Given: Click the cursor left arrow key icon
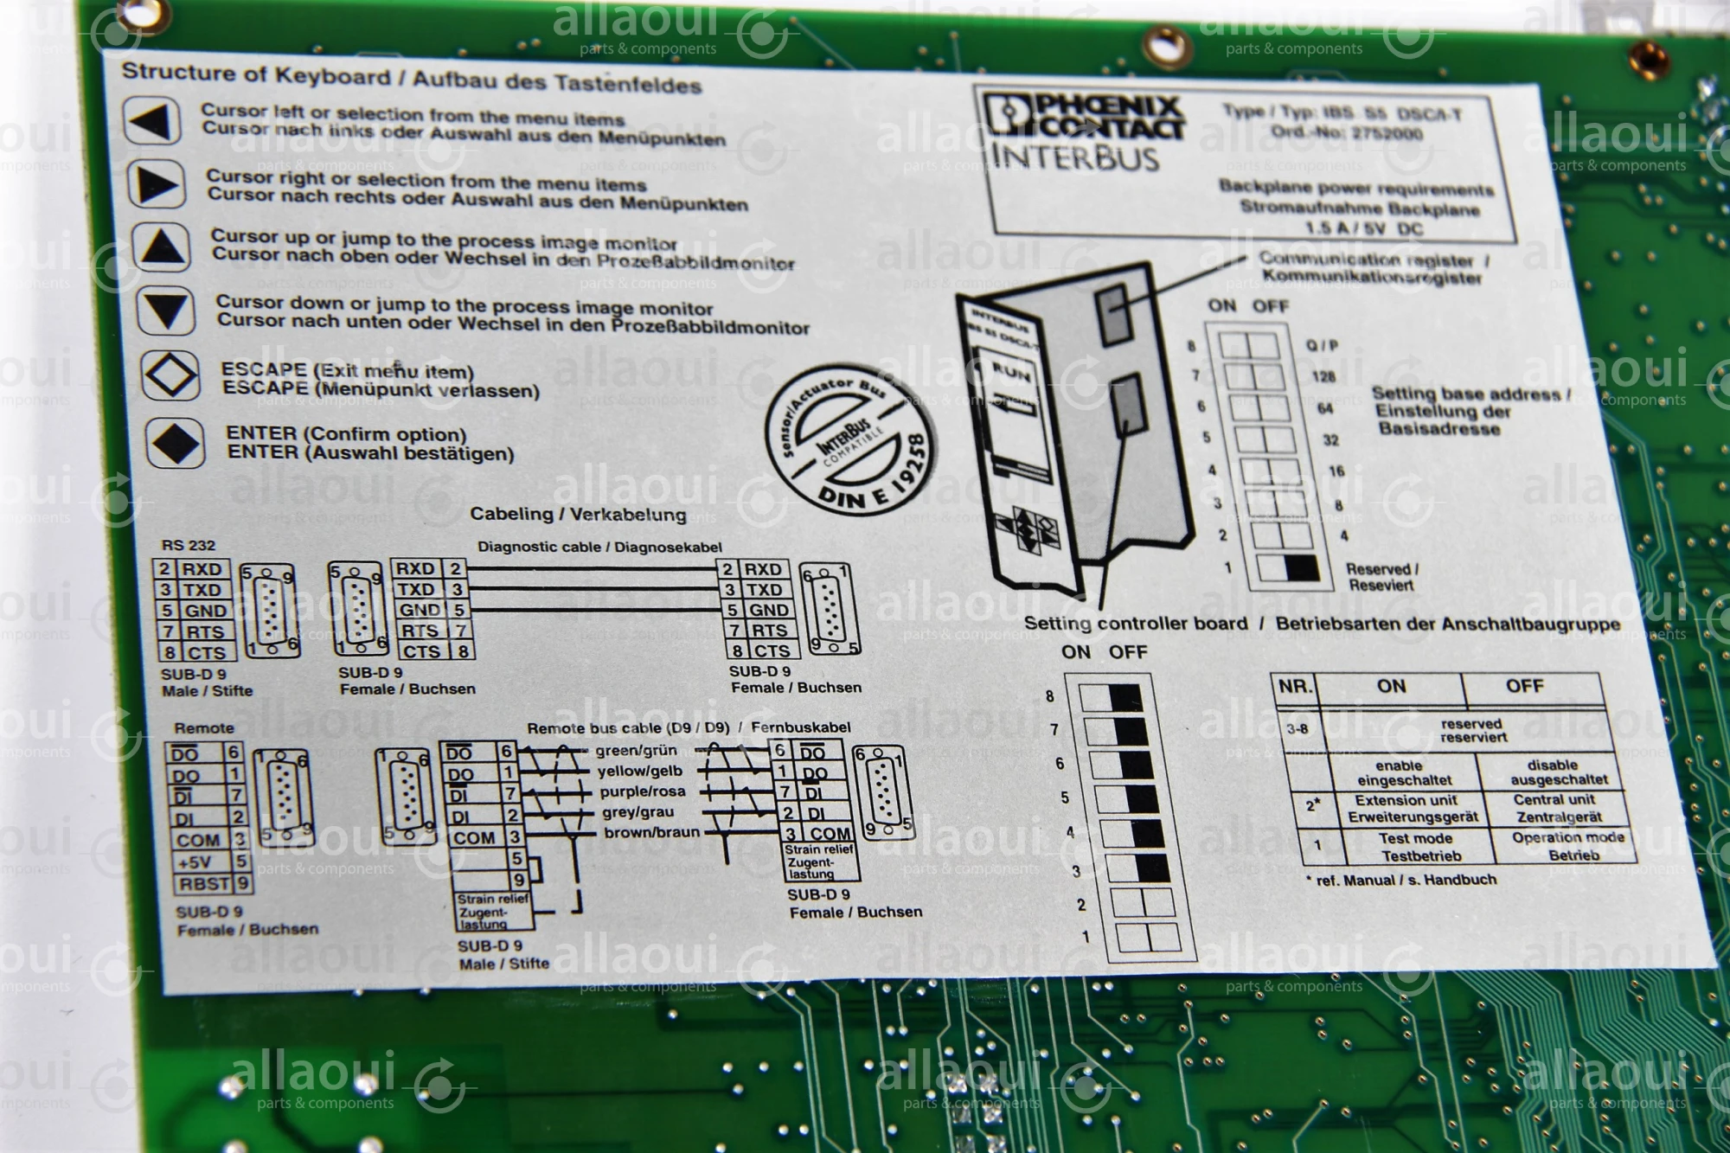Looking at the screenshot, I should (151, 121).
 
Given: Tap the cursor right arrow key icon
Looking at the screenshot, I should (157, 183).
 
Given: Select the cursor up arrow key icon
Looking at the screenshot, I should (162, 247).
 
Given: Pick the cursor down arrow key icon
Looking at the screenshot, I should (166, 311).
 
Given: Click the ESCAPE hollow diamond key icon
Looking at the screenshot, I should (170, 375).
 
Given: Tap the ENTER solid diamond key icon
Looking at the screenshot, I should (176, 443).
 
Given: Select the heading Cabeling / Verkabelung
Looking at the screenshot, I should (578, 514).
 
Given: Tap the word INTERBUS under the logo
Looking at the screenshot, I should (1075, 158).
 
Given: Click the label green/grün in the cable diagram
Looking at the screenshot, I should (636, 750).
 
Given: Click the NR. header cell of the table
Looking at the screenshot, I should (1295, 687).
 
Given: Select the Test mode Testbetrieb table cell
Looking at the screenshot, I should (1415, 847).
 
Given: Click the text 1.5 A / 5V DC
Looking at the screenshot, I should (1364, 228).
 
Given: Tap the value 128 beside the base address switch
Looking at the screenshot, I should (1323, 376).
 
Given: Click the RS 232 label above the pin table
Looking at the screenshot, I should (189, 545).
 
